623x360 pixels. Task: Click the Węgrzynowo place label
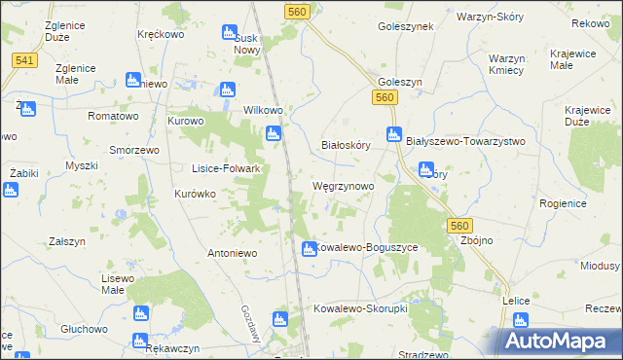(x=342, y=185)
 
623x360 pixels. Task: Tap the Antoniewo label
(x=232, y=253)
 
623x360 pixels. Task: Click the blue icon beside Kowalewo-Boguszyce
(x=308, y=249)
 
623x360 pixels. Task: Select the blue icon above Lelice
(x=521, y=320)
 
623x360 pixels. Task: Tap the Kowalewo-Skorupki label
(x=359, y=308)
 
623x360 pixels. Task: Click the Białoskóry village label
(x=347, y=145)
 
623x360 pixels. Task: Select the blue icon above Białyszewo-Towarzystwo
(x=394, y=134)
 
